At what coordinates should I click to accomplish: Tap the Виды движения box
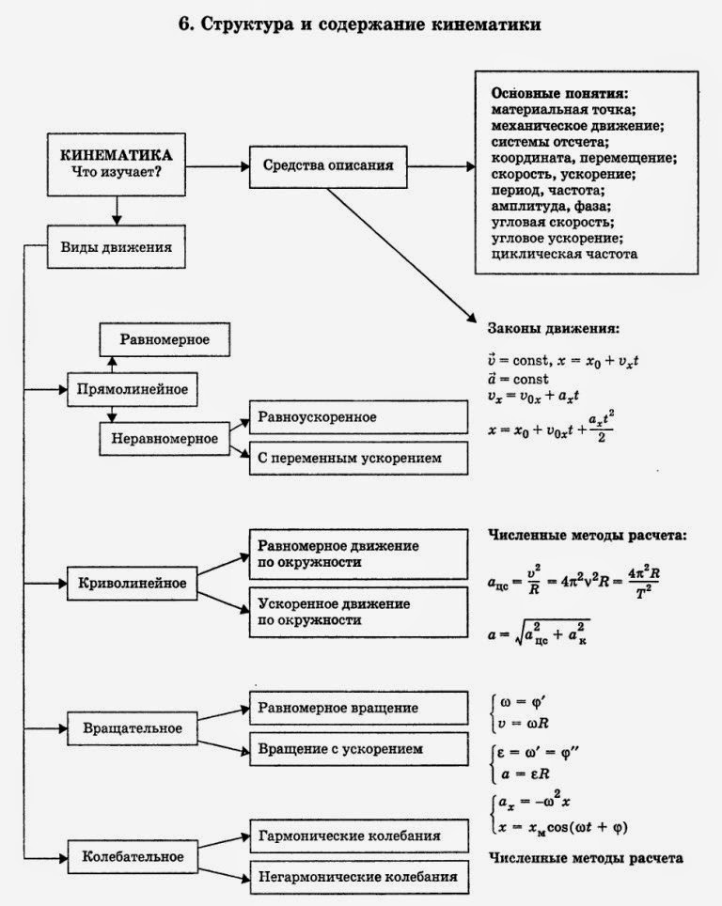(x=115, y=246)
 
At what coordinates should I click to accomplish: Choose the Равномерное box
(x=165, y=338)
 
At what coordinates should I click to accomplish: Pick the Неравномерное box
(x=165, y=437)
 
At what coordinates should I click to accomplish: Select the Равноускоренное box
(x=358, y=416)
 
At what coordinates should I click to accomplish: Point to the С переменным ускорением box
(x=358, y=458)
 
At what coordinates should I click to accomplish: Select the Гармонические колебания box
(x=358, y=835)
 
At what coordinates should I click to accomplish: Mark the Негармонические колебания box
(x=358, y=877)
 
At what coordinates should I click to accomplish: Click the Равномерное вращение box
(x=358, y=708)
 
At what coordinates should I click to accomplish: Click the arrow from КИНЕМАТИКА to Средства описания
(x=217, y=166)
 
